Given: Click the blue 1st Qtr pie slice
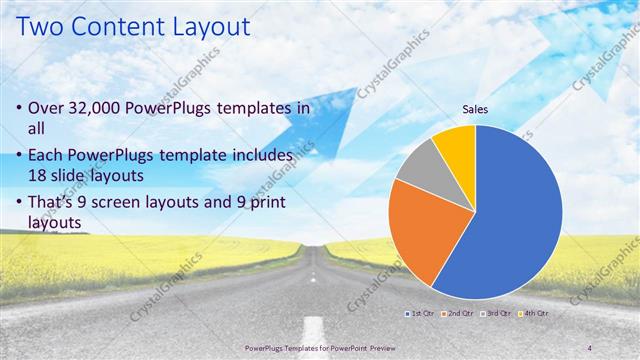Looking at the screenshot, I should click(x=510, y=220).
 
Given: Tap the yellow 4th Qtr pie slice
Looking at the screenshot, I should click(x=456, y=143).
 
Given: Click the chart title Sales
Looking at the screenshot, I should click(x=476, y=111).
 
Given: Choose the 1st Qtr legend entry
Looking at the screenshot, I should click(x=419, y=313).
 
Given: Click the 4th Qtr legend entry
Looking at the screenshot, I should click(x=535, y=313).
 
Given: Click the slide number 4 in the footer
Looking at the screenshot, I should click(x=590, y=347).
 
